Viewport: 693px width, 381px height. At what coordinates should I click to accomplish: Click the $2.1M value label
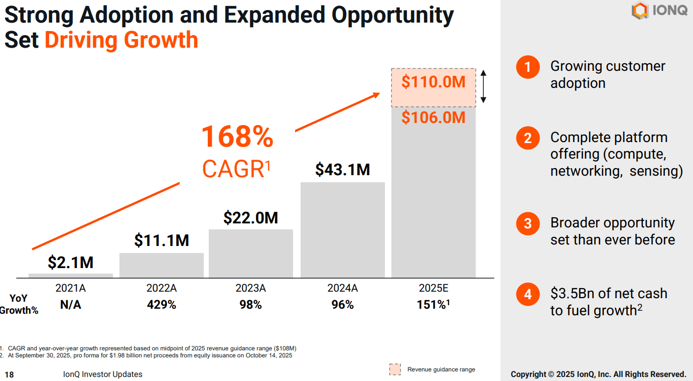click(71, 262)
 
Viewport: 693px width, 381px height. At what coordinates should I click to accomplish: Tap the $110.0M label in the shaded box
click(434, 82)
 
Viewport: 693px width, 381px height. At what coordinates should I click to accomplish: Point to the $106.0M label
click(434, 117)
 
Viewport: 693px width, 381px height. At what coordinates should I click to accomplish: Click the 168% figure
click(237, 137)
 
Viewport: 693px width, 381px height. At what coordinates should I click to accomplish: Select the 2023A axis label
click(250, 289)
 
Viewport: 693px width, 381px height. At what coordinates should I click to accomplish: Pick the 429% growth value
click(161, 305)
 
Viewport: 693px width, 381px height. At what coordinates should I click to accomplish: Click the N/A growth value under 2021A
click(71, 305)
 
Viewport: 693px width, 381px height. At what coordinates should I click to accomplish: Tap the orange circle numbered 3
click(527, 223)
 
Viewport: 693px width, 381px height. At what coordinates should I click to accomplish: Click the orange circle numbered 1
click(527, 67)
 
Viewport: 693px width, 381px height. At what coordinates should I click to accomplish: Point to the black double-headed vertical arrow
click(483, 87)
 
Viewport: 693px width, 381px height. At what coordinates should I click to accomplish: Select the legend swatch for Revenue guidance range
click(395, 369)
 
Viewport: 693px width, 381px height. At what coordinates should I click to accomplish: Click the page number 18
click(10, 374)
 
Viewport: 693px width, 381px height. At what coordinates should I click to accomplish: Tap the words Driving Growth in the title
click(121, 40)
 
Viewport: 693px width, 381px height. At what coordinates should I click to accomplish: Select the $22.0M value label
click(250, 218)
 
